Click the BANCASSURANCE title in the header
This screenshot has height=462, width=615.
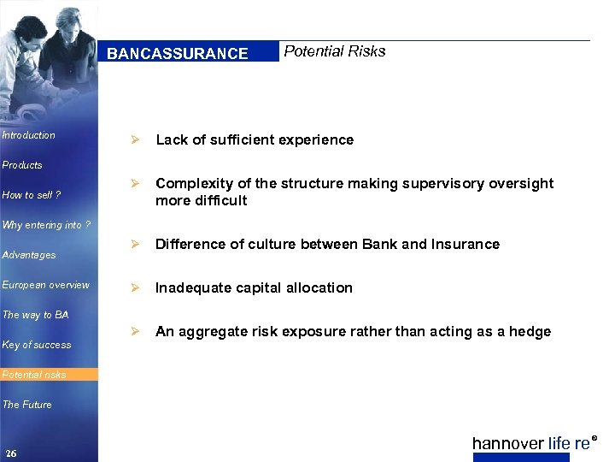point(178,54)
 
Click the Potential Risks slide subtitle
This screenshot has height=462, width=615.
point(334,51)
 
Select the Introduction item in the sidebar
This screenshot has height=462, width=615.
point(29,135)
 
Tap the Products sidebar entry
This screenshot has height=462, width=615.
point(22,165)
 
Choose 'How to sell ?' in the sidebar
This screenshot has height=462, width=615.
point(32,195)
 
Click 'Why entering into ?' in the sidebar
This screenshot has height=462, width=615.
point(43,225)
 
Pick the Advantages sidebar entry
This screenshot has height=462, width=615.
point(29,255)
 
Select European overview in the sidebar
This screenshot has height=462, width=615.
point(45,285)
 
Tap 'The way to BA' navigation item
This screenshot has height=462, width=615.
point(35,315)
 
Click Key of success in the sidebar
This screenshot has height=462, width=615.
point(37,345)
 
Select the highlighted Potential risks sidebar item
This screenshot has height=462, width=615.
point(34,375)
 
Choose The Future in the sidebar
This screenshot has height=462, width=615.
point(27,405)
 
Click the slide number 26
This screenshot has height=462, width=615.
point(10,453)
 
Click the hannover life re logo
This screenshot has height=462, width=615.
point(533,443)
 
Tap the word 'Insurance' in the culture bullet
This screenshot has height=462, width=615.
point(467,245)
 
